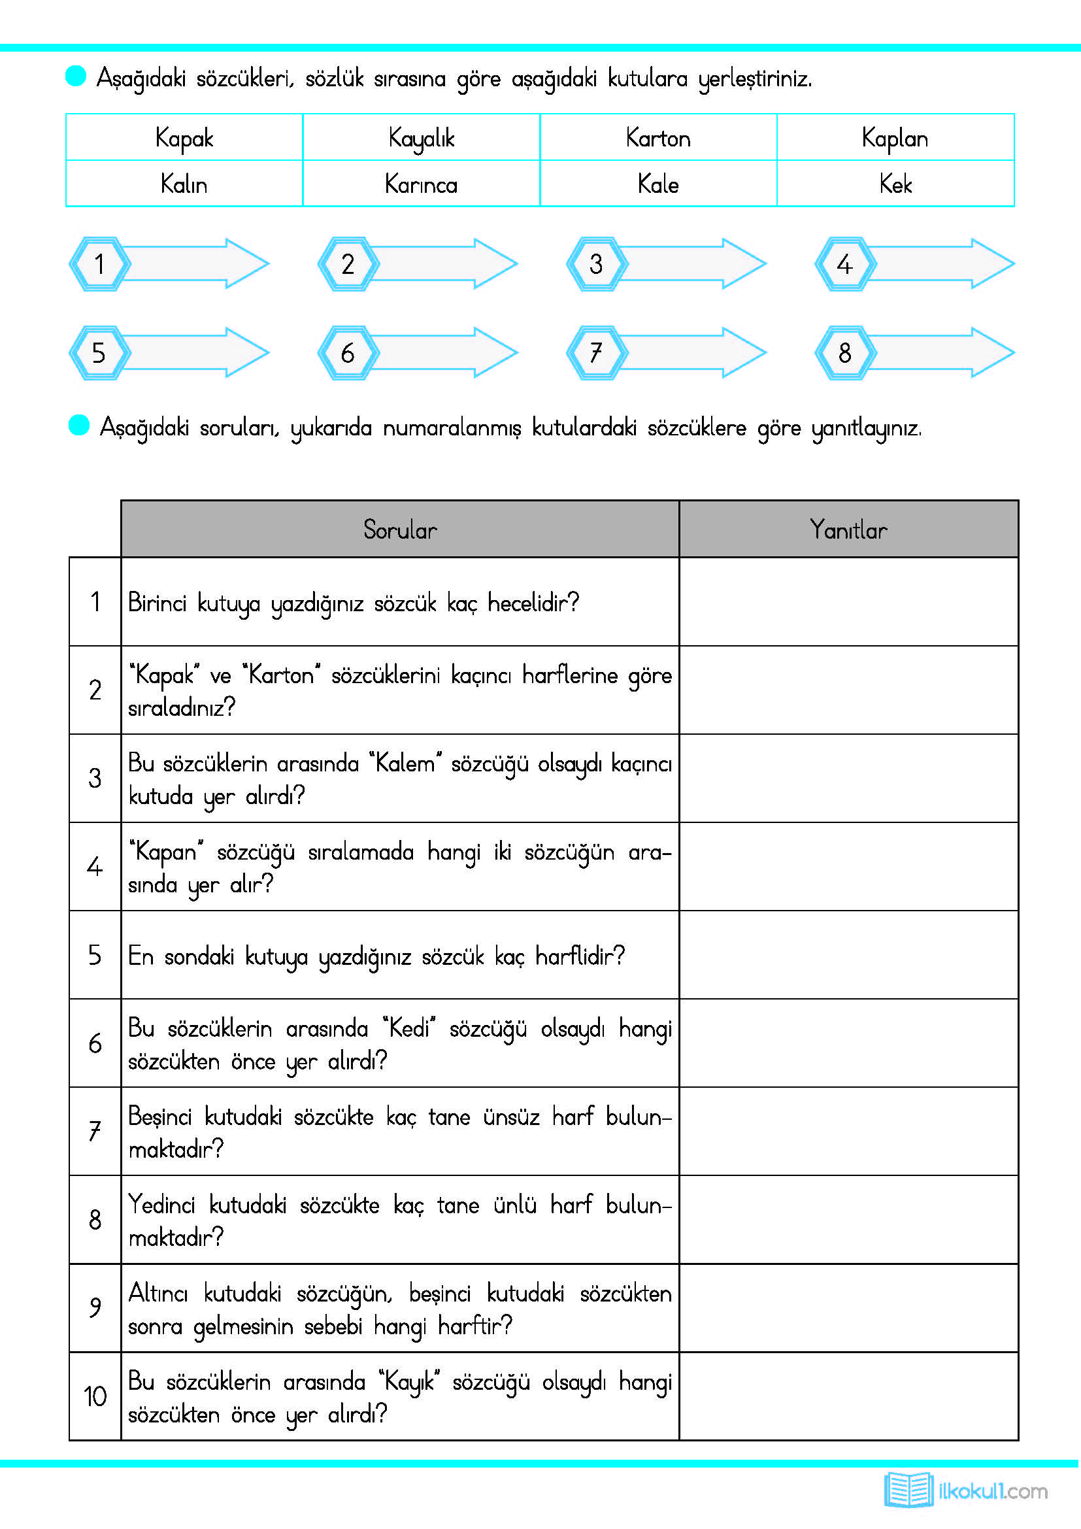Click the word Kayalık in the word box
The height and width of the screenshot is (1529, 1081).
[421, 139]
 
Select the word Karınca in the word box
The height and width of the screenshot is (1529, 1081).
[421, 184]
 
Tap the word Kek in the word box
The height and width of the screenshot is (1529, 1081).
[895, 184]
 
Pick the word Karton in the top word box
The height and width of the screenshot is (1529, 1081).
[657, 139]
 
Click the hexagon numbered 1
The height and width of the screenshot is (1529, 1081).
[99, 263]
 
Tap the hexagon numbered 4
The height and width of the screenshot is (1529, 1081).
[844, 263]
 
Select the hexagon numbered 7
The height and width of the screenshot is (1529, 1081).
[596, 353]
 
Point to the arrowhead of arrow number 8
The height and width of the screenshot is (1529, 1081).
[992, 353]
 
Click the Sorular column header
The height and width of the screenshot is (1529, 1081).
[399, 529]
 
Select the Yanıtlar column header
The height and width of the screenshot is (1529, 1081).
[848, 529]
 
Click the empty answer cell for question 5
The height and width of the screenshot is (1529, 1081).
[848, 955]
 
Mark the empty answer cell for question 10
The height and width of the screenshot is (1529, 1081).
[848, 1396]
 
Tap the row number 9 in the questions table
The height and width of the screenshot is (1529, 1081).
[95, 1307]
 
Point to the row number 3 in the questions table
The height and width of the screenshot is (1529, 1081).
[95, 778]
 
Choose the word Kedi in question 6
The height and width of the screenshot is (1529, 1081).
[408, 1029]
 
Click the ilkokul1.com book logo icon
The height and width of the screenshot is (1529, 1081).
[908, 1490]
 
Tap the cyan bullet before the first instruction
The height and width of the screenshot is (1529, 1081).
[76, 76]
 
